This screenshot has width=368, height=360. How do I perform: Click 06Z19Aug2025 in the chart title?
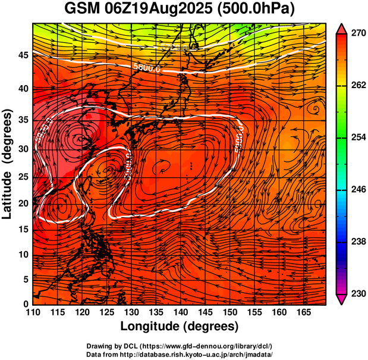click(157, 9)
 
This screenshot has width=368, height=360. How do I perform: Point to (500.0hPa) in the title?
click(254, 9)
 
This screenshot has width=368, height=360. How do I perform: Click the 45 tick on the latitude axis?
click(23, 55)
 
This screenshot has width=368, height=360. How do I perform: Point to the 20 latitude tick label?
click(23, 203)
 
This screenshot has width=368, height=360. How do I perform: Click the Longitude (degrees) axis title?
click(180, 326)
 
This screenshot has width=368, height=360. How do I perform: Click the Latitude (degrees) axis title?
click(8, 164)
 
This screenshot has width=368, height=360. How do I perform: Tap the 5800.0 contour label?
click(147, 68)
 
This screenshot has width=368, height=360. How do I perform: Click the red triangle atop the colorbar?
click(342, 28)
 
